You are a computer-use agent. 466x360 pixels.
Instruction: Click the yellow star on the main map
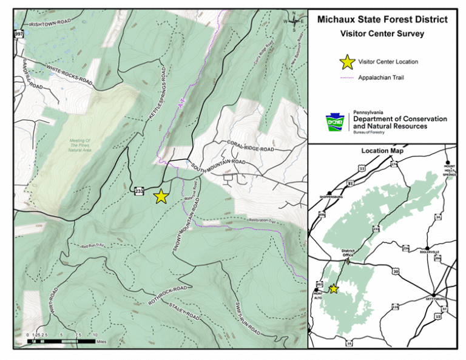pyautogui.click(x=161, y=196)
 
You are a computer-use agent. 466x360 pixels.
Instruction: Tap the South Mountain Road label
pyautogui.click(x=217, y=165)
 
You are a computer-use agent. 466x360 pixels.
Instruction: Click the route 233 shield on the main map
pyautogui.click(x=139, y=191)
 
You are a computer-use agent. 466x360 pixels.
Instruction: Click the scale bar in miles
pyautogui.click(x=61, y=341)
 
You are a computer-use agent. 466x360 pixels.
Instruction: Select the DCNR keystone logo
pyautogui.click(x=334, y=122)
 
